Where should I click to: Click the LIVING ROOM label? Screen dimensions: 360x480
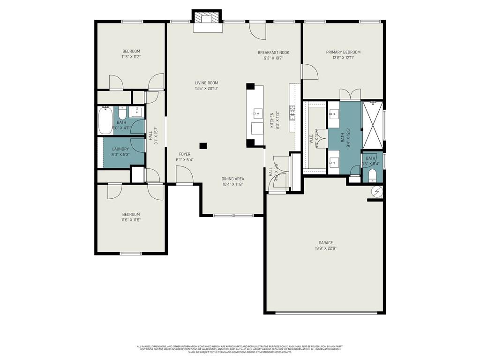pos(206,83)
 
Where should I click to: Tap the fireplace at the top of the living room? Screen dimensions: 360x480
pos(206,19)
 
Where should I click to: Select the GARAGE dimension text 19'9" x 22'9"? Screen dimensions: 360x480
pos(325,248)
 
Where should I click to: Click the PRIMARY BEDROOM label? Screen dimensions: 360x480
pos(343,52)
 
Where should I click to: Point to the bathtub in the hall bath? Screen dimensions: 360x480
pos(105,121)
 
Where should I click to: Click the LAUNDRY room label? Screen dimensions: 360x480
pos(120,149)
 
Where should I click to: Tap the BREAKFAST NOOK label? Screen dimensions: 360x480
pos(273,52)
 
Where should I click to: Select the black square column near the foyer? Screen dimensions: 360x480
pos(203,146)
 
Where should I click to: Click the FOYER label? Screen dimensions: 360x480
pos(185,154)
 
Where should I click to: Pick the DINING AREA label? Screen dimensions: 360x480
pos(232,179)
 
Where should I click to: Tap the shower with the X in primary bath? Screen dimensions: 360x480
pos(373,125)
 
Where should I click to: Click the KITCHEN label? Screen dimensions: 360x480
pos(272,120)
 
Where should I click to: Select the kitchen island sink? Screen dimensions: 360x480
pos(257,113)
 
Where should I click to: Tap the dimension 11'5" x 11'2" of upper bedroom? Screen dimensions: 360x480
pos(131,57)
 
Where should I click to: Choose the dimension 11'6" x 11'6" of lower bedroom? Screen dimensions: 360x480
pos(131,220)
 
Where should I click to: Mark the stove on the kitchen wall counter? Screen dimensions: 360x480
pos(292,112)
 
